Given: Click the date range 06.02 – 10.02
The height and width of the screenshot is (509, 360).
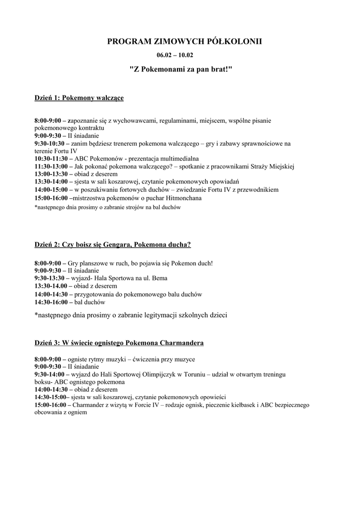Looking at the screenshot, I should (x=180, y=55).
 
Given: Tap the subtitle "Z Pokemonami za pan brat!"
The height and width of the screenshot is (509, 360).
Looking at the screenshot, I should (x=180, y=69).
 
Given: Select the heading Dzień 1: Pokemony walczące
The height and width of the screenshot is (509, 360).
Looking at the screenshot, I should (x=79, y=98).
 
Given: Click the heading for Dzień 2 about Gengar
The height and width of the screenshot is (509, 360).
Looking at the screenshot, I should (x=112, y=245).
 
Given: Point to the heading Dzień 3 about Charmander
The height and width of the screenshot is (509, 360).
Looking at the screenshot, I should (x=119, y=343).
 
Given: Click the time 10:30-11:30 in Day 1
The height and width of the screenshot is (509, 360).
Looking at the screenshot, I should (x=51, y=159).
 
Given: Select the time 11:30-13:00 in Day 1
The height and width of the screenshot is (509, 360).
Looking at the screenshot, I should (x=51, y=167).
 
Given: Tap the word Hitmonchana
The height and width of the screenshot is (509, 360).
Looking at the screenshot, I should (x=184, y=198).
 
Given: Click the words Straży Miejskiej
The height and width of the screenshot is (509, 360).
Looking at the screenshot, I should (x=272, y=167).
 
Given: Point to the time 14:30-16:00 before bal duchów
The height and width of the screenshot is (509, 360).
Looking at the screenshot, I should (x=51, y=302).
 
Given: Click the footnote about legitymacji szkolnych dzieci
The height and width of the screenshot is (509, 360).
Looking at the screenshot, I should (x=130, y=315).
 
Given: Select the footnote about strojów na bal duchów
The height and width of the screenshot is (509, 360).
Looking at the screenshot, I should (x=107, y=207).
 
